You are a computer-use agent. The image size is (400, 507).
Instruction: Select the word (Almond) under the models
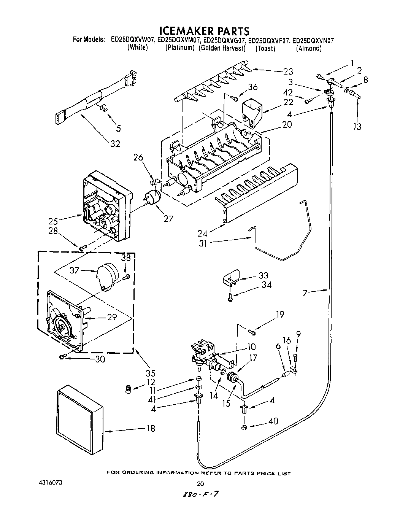pos(309,48)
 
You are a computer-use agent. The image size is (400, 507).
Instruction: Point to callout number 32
pos(115,144)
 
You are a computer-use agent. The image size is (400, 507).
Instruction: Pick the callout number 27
pos(168,218)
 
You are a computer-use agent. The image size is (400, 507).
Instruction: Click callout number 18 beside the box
pos(151,429)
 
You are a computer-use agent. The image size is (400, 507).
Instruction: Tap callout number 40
pos(273,421)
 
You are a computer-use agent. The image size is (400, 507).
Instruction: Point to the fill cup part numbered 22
pos(251,110)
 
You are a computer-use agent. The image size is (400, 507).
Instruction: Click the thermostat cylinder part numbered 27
pos(152,198)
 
